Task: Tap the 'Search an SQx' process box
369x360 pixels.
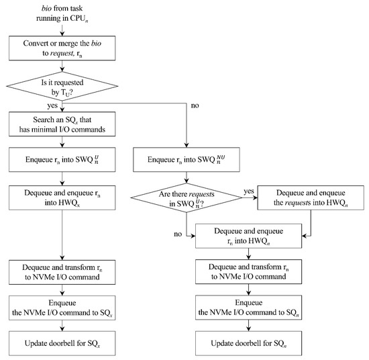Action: [62, 124]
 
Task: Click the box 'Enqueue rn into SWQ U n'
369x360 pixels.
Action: [62, 161]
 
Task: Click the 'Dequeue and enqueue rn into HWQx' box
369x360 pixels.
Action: [62, 199]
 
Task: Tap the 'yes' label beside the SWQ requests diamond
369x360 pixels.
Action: [250, 191]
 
